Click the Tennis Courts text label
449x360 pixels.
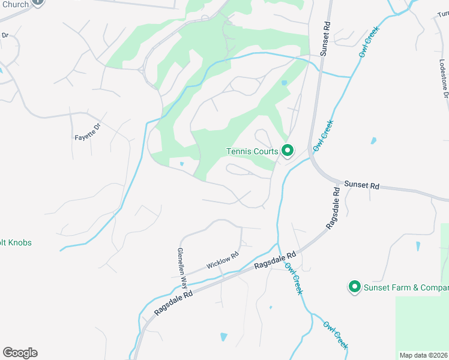tap(252, 151)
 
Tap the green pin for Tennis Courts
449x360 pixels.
tap(287, 150)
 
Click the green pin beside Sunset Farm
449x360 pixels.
tap(354, 287)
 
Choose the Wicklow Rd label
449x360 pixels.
tap(222, 260)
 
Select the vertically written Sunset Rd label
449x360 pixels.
tap(325, 40)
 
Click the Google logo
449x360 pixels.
tap(20, 353)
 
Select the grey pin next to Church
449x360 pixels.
tap(37, 2)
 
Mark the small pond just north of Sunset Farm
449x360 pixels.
tap(418, 246)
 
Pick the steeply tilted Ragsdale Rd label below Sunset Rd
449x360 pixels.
tap(333, 208)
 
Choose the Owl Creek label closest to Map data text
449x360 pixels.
tap(335, 335)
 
